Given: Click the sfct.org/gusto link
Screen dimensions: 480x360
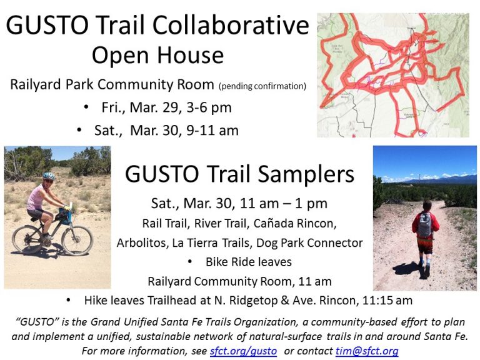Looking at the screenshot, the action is click(243, 351).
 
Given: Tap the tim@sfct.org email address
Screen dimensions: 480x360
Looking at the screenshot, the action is click(367, 351).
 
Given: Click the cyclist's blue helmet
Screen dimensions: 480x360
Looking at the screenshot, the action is click(49, 176).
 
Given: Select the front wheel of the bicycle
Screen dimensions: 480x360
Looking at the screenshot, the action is click(77, 241).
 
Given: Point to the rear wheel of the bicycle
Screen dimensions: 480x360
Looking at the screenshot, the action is click(27, 239).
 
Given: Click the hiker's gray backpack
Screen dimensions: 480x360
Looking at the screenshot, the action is click(425, 225).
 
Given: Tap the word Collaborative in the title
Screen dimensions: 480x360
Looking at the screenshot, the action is click(231, 25).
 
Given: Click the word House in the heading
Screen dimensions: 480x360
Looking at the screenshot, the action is click(191, 56).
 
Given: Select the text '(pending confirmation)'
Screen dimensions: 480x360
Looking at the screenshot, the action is click(262, 86).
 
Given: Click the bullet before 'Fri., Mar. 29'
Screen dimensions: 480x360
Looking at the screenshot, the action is click(86, 107).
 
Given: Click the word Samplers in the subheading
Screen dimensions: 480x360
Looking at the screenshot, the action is click(306, 174).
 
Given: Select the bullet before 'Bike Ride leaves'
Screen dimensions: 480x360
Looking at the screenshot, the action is click(190, 262).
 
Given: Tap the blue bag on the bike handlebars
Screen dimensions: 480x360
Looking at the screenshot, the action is click(65, 216).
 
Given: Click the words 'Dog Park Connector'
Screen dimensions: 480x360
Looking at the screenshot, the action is click(309, 242).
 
